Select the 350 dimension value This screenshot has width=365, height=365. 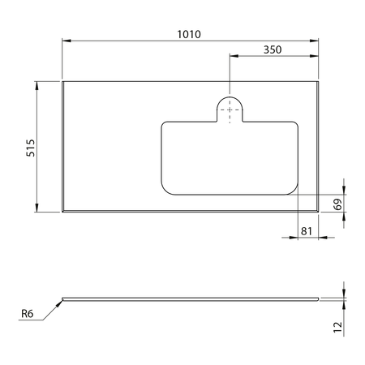(272, 49)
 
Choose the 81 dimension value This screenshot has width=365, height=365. (307, 231)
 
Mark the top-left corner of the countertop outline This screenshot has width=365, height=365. (62, 80)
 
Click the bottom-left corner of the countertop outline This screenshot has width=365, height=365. (62, 213)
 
